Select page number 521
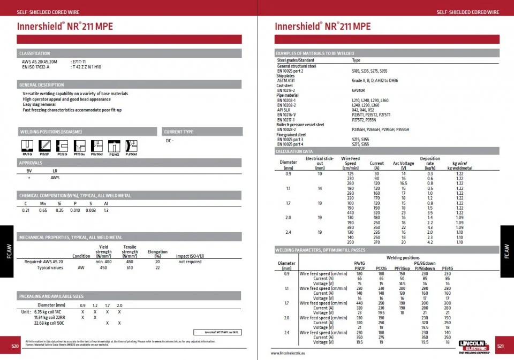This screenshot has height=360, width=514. click(500, 346)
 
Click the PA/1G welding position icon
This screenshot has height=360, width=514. click(27, 146)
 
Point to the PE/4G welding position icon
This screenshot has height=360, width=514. click(114, 146)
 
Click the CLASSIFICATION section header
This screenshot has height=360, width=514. click(35, 53)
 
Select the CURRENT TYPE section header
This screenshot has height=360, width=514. click(179, 132)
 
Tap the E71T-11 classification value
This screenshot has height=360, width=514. click(81, 62)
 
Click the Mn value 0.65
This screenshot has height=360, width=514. click(43, 210)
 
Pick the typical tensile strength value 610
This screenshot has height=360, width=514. click(130, 267)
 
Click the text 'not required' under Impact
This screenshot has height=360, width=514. click(190, 262)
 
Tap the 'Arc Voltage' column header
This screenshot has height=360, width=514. click(403, 163)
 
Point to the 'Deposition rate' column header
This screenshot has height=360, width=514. click(430, 160)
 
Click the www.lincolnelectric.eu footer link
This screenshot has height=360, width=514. click(292, 353)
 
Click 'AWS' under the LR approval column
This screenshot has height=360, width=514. click(55, 177)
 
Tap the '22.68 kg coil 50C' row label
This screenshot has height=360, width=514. click(50, 323)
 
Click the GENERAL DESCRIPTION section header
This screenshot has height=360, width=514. click(42, 85)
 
